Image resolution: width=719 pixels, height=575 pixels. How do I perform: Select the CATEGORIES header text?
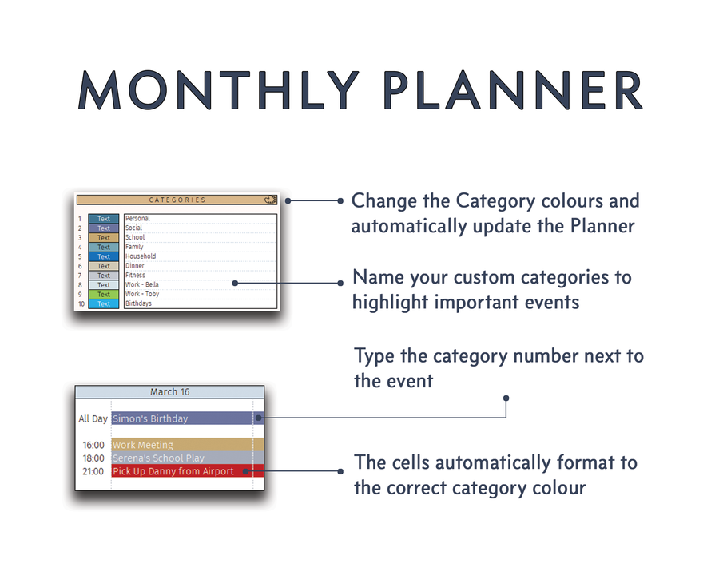pos(177,200)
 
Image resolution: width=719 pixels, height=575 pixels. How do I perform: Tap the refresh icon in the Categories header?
pos(270,200)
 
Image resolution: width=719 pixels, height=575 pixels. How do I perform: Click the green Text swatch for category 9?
pos(104,295)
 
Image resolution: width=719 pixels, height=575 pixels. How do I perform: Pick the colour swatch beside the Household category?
pos(104,256)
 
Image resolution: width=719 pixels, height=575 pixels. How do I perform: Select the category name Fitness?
pos(136,276)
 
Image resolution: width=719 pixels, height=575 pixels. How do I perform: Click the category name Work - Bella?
pos(142,285)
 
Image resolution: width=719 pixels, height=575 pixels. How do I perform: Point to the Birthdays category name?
pos(138,304)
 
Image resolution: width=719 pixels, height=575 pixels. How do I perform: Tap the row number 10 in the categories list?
pos(80,304)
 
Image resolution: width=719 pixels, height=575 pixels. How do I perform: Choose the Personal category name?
pos(137,219)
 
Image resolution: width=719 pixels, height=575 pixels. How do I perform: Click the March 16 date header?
pos(169,392)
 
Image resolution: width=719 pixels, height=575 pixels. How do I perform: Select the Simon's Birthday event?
pos(150,418)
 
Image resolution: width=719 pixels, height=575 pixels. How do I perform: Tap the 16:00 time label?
pos(93,445)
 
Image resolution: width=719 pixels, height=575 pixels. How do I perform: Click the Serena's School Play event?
pos(158,458)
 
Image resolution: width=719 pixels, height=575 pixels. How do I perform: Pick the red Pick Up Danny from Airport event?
pos(173,471)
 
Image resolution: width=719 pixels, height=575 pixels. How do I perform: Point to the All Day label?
pos(93,418)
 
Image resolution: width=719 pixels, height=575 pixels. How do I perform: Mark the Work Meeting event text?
pos(143,445)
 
